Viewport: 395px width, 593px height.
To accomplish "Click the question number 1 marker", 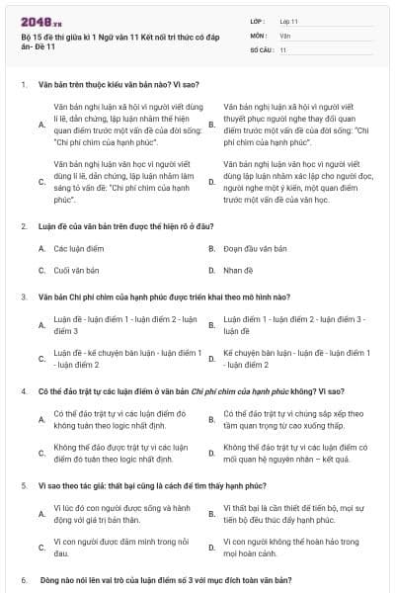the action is [23, 84].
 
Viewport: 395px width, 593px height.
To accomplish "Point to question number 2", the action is [23, 226].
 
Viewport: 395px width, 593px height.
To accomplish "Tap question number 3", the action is [23, 296].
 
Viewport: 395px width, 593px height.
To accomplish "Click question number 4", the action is [23, 391].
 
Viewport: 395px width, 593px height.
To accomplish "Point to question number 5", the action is [23, 486].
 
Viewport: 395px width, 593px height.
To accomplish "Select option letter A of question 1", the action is [40, 125].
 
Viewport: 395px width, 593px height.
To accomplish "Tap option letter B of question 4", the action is [211, 419].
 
